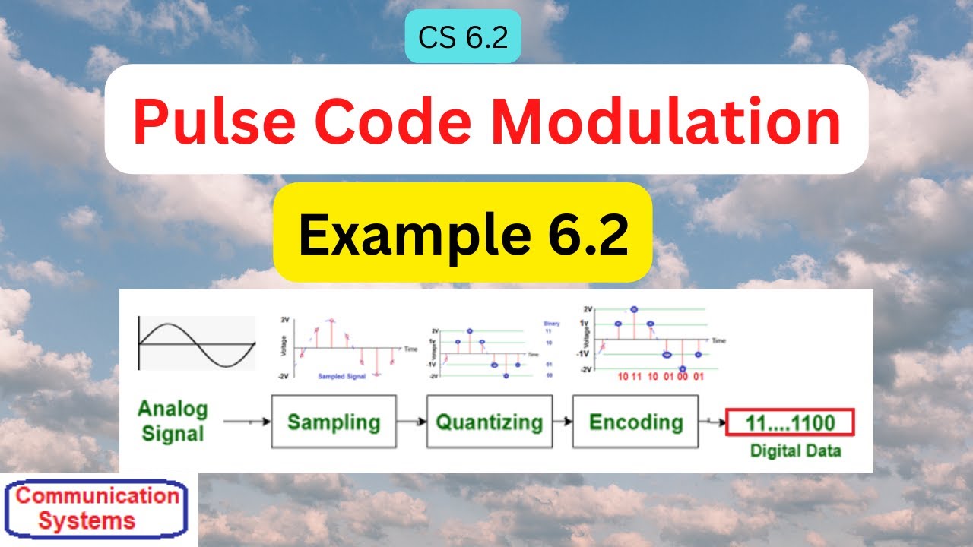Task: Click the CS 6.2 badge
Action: tap(463, 36)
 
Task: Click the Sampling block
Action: tap(333, 422)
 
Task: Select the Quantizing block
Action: tap(489, 422)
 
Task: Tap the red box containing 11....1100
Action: tap(791, 422)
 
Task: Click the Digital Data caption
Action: tap(796, 451)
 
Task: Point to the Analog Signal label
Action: tap(172, 422)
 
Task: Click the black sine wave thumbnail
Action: tap(196, 343)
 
